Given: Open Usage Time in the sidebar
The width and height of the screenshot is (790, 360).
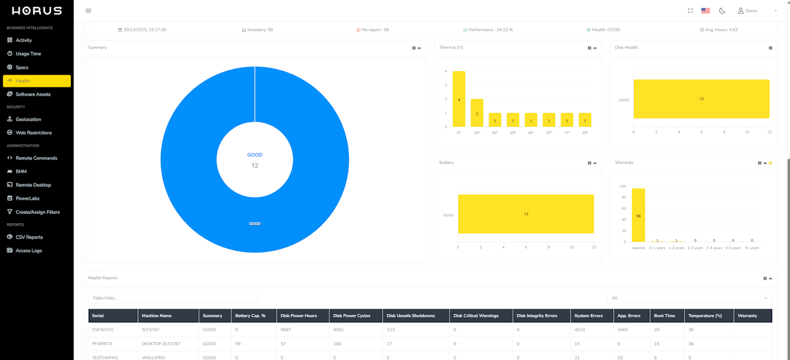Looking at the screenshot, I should [x=28, y=54].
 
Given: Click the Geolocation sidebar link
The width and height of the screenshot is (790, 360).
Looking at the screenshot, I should [x=28, y=119].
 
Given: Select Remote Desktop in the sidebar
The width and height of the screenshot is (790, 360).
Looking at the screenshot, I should [x=33, y=185].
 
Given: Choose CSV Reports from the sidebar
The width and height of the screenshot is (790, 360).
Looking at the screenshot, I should [x=29, y=237].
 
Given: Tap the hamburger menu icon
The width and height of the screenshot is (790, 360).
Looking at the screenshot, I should [x=88, y=10].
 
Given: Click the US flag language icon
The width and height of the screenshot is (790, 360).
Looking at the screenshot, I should [x=706, y=10].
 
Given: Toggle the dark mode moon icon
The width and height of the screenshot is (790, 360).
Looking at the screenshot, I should [x=722, y=10].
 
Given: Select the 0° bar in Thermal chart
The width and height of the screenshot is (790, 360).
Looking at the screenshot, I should [x=458, y=99].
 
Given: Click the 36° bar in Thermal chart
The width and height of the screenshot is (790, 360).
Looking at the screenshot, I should [x=477, y=113].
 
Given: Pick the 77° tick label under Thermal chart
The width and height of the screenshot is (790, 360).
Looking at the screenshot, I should [x=567, y=133].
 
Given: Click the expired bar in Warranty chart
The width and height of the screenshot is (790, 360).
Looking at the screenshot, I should [x=638, y=215].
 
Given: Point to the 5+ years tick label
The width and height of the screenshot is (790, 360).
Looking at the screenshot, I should [x=752, y=248].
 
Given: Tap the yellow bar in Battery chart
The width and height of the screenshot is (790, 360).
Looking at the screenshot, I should [x=526, y=214].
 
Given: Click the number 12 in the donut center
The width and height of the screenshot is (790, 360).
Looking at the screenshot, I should [x=255, y=165].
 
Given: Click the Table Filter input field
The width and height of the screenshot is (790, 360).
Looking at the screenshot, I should [x=173, y=298].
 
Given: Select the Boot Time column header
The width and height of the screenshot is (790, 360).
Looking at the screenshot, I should [x=664, y=316].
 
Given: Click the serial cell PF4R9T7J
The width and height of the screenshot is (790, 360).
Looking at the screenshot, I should [x=102, y=343].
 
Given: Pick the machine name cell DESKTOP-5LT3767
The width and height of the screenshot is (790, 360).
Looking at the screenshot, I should [x=161, y=343].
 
